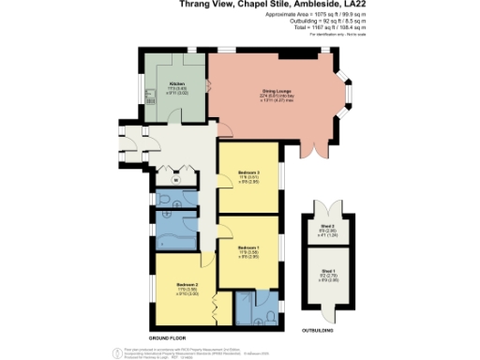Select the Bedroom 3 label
coord(247,174)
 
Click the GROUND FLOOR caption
coord(167,336)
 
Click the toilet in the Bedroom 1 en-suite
coord(268,316)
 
